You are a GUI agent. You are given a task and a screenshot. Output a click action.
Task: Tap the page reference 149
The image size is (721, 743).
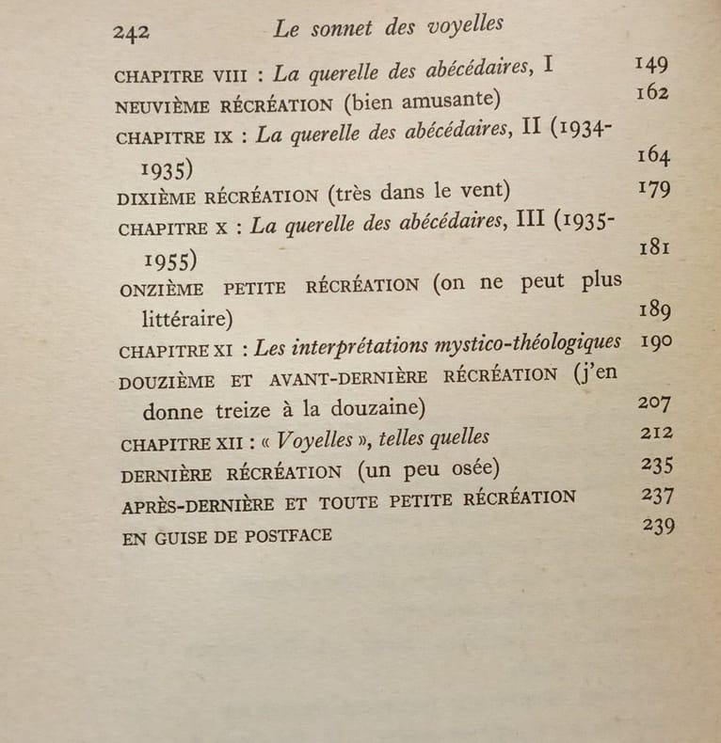coord(651,64)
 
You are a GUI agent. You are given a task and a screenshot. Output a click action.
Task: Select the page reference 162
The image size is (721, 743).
coord(651,92)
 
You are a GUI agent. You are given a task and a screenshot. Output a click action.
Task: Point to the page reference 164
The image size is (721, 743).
coord(653,156)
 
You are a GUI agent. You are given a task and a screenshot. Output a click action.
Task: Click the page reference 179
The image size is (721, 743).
coord(653,188)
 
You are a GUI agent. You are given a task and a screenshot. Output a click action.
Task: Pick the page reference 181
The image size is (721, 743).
coord(653,247)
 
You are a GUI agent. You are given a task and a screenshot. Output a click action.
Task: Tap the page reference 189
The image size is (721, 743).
coord(655,310)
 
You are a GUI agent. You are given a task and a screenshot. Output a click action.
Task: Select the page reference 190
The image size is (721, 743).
coord(655,340)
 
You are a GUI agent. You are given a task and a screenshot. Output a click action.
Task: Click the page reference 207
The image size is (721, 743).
coord(656,403)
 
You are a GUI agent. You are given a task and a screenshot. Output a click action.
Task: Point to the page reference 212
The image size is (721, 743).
coord(656,433)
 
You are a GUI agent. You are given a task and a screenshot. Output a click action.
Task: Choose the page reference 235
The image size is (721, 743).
coord(657,465)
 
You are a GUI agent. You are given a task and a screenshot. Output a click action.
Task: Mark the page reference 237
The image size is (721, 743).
coord(657,495)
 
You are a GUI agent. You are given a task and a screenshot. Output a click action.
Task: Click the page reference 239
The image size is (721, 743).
coord(658,526)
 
